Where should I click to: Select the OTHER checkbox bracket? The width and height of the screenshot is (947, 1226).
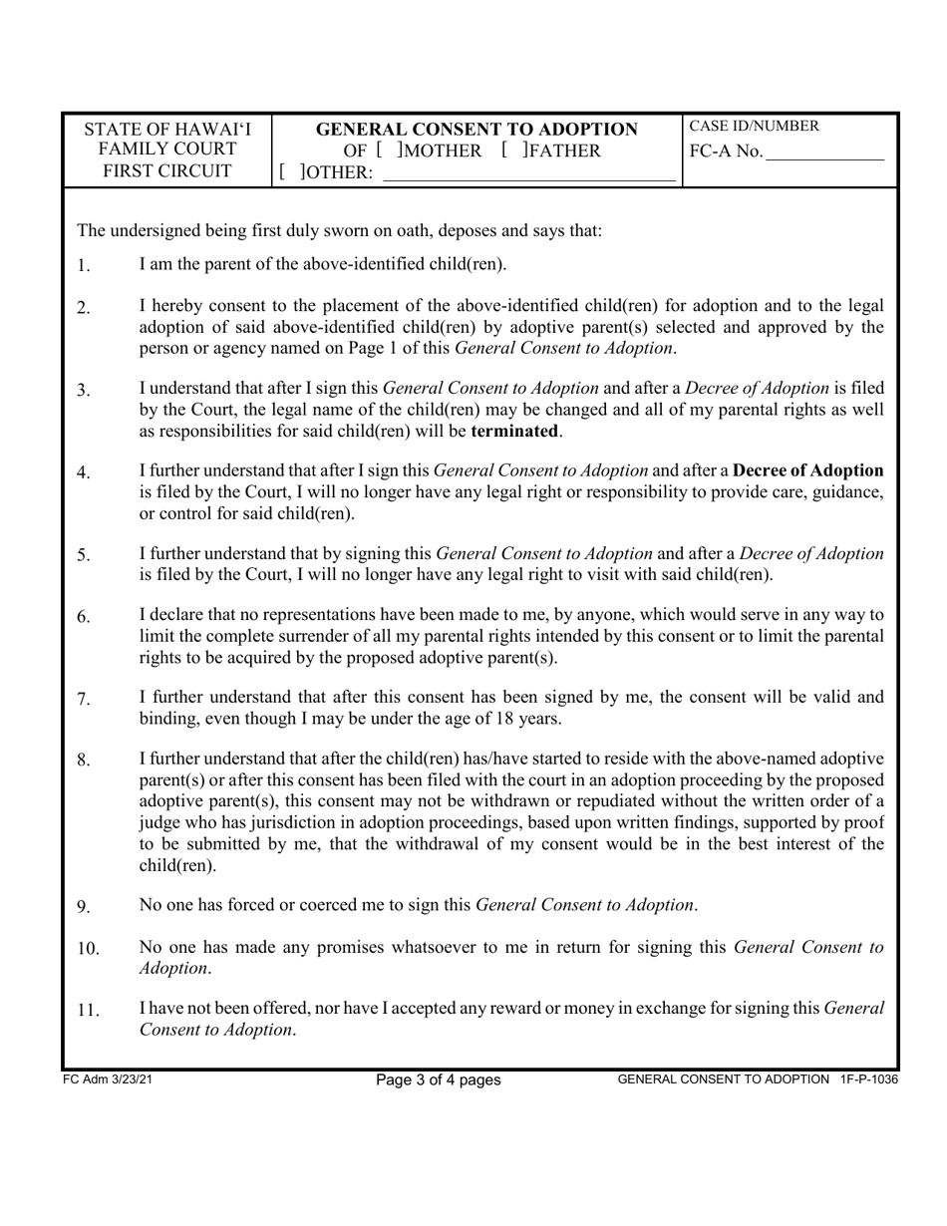coord(290,173)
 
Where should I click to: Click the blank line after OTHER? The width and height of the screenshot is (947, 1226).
coord(528,175)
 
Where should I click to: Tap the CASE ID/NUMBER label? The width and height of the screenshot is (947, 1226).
coord(755,127)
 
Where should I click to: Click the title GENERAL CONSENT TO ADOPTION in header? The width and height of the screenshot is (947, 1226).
coord(476,130)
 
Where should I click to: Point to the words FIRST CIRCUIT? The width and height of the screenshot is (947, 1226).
coord(167,170)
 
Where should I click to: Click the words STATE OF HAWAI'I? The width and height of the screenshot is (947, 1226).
coord(167,130)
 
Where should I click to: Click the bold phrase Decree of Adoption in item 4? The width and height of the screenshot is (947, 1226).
coord(807,471)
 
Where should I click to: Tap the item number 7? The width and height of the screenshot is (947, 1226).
coord(84,700)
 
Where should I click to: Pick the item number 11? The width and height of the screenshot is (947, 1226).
coord(88,1011)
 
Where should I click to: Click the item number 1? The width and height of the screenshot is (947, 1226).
coord(84,266)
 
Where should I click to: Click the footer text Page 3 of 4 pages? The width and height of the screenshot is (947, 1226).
coord(438,1079)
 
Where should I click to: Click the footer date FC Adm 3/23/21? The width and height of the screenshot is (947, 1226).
coord(107,1079)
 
